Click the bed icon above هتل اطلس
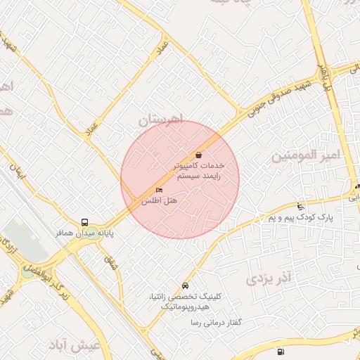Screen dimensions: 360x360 (x=160, y=191)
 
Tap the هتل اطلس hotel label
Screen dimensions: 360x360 (x=160, y=202)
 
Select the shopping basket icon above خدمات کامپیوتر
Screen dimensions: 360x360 (x=198, y=155)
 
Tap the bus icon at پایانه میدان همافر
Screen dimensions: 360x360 (x=85, y=221)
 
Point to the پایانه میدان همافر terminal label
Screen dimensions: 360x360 (x=85, y=232)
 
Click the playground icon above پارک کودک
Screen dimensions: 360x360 (x=301, y=207)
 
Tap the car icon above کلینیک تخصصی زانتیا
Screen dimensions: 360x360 (x=184, y=286)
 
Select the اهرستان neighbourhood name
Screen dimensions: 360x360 (x=161, y=120)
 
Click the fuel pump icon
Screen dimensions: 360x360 (x=281, y=352)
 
